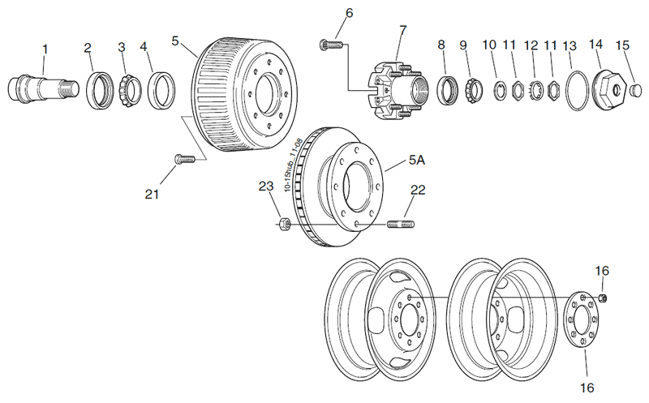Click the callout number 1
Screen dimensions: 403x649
[45, 49]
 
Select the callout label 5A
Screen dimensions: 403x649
[416, 161]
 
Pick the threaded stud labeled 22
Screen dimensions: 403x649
[402, 223]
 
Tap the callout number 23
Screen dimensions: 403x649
[266, 187]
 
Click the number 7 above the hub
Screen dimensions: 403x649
[402, 31]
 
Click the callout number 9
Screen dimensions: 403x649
[464, 45]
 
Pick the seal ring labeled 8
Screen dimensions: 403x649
[445, 88]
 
